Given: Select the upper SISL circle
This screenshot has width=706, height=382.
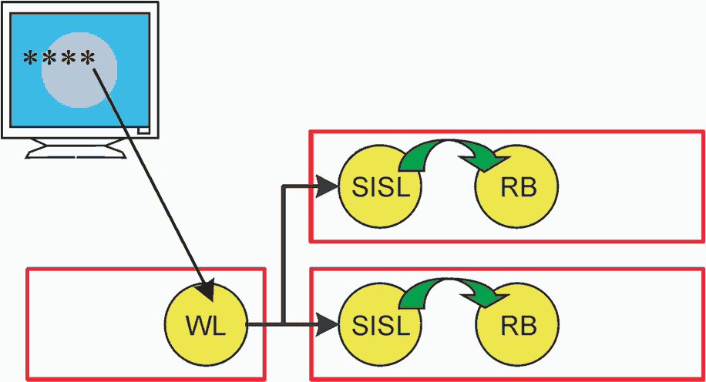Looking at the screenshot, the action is pos(380,186).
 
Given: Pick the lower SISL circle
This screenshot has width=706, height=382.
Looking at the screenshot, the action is pos(380,324).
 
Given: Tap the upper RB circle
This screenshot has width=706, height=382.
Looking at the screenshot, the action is pos(517,186).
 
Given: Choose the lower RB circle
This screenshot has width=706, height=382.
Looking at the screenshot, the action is pos(517,324).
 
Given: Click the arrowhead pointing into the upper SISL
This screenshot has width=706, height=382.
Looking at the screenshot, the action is pos(328,186).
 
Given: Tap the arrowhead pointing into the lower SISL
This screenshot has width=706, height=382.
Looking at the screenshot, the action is pos(328,324).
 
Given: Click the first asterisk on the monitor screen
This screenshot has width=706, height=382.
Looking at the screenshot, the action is pos(30,58).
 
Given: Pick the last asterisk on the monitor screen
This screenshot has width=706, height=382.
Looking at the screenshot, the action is pos(88,58).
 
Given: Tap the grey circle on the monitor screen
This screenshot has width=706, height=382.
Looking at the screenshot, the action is pos(79,70).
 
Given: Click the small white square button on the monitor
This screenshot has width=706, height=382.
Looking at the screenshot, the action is pos(143,130).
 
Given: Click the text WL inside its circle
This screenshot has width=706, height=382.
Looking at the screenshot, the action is pos(206,325).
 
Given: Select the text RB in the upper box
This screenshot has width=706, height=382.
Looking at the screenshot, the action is pos(519,186).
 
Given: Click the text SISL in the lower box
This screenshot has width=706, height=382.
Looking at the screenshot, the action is pos(381,325).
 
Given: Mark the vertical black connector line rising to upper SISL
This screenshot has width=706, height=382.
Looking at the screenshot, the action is pos(283,255).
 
